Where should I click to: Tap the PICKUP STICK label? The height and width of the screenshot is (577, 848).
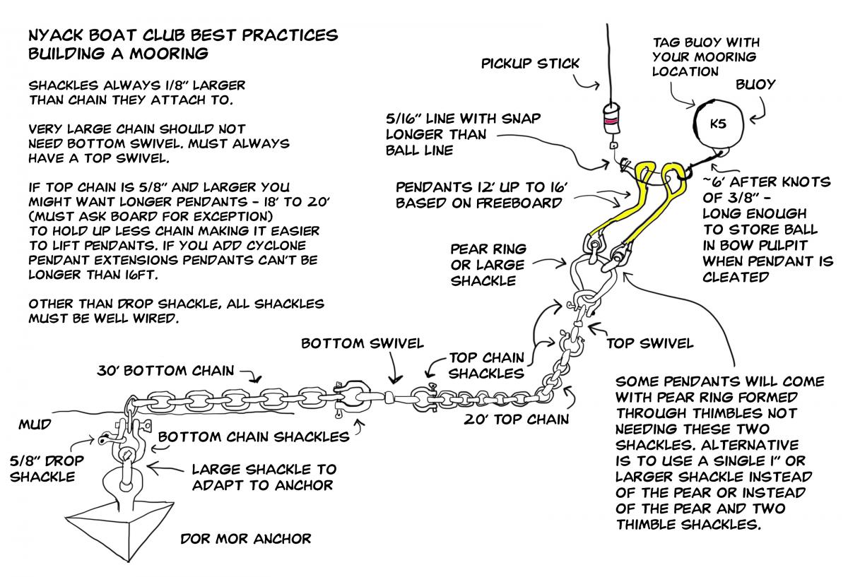[x=530, y=64]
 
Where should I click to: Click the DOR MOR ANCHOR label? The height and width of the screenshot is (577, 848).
[x=245, y=539]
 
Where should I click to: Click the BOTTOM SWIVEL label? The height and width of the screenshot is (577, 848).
[x=363, y=344]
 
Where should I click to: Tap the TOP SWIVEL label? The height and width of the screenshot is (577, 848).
[x=650, y=344]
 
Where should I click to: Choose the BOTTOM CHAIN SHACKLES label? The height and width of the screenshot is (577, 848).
[x=254, y=436]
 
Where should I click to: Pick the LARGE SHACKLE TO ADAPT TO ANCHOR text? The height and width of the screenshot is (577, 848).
[x=264, y=477]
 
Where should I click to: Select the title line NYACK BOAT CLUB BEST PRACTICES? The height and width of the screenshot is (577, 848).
[x=182, y=35]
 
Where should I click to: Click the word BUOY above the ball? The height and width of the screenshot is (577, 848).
[x=756, y=85]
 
